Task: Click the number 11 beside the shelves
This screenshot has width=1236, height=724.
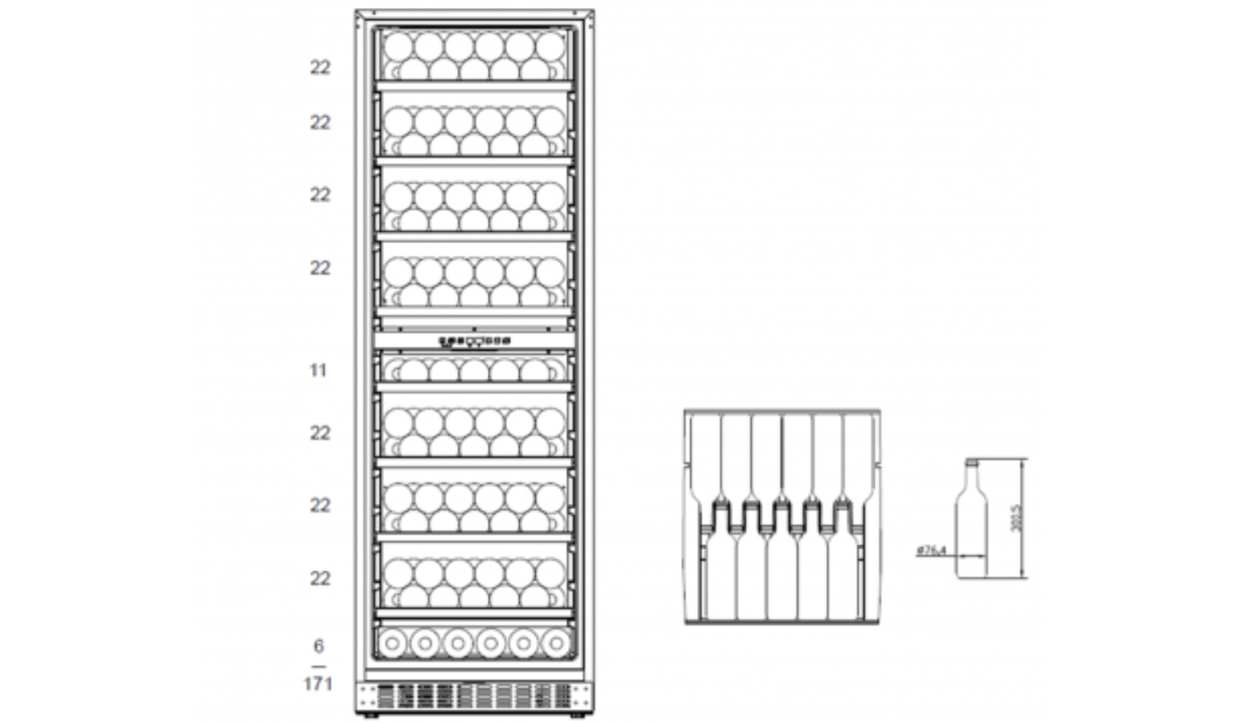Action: click(319, 370)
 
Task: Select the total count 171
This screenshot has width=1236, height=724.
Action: click(319, 684)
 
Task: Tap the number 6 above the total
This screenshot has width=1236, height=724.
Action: click(319, 646)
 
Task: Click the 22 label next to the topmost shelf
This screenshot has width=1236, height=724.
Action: click(320, 68)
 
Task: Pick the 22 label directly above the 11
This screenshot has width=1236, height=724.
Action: click(320, 268)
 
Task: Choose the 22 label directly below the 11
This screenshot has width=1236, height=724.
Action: click(320, 433)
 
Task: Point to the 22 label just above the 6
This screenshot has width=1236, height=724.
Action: click(320, 578)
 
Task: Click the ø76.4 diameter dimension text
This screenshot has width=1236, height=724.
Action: click(931, 551)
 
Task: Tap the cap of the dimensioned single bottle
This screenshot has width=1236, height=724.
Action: click(970, 463)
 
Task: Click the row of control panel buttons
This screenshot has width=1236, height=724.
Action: click(474, 341)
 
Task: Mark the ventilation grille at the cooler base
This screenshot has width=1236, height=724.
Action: click(474, 697)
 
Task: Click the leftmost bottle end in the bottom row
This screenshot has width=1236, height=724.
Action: click(392, 643)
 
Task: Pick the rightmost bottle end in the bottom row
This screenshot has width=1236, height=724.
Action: click(556, 643)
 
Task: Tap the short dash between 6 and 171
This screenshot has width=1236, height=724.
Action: click(319, 666)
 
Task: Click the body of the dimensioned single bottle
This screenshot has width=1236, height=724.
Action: click(970, 531)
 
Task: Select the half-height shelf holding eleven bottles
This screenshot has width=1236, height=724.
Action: click(474, 370)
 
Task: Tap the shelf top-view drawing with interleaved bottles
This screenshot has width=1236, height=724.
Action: click(781, 516)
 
